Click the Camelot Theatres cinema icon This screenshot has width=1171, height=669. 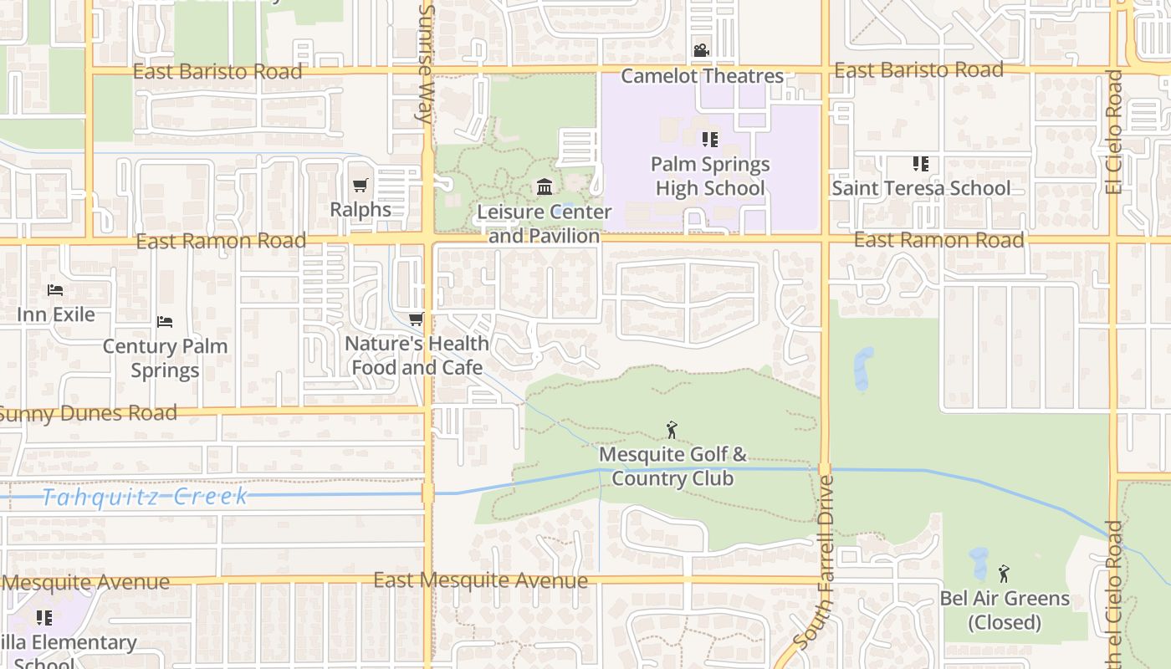[701, 51]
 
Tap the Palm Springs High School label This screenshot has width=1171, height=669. [710, 176]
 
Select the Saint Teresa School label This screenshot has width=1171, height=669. [921, 188]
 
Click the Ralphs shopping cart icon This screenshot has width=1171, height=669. [360, 185]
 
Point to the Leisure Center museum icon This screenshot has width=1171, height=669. [545, 186]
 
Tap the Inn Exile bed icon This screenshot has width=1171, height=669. [55, 290]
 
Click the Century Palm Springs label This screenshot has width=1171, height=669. [165, 358]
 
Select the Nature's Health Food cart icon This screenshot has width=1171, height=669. [416, 319]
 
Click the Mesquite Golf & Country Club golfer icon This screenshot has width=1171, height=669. [672, 431]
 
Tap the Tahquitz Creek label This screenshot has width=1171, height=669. [145, 497]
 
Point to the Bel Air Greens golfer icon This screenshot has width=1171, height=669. [1004, 574]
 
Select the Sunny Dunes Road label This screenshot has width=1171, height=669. [89, 413]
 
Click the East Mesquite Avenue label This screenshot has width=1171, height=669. [480, 580]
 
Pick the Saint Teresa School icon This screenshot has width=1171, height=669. [921, 164]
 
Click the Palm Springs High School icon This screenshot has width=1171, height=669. [710, 140]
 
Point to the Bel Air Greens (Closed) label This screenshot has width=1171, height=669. [1005, 610]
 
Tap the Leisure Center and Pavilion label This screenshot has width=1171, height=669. [545, 224]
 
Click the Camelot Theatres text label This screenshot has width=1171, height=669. [702, 76]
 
